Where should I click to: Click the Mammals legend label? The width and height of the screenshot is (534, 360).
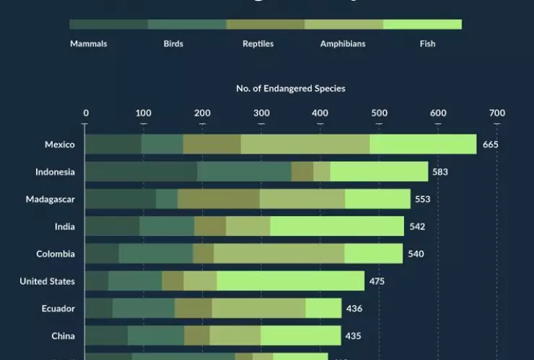[89, 44]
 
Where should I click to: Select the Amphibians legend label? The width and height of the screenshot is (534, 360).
[343, 44]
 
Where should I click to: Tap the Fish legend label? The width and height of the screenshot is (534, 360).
[427, 44]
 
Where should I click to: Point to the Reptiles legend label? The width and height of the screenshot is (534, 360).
[258, 44]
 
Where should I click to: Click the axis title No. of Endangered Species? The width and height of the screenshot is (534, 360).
[291, 89]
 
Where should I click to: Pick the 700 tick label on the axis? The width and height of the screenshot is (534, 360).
[496, 113]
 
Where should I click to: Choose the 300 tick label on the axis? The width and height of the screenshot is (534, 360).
[261, 113]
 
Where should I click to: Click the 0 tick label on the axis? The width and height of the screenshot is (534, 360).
[86, 113]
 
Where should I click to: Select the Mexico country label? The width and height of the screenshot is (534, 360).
[59, 144]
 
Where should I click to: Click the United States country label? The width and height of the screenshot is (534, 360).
[47, 281]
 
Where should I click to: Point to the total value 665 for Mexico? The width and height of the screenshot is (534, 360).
[491, 144]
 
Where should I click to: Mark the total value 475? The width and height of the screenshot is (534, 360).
[377, 281]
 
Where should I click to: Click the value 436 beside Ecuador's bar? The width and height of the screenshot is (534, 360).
[354, 309]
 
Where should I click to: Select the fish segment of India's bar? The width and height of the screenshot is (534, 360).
[337, 227]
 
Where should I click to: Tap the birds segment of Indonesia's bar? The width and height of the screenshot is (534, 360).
[244, 172]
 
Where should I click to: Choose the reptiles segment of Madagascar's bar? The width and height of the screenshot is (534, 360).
[218, 199]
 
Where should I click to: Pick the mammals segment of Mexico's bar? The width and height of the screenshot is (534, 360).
[113, 144]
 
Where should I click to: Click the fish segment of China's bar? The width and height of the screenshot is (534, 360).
[300, 336]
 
